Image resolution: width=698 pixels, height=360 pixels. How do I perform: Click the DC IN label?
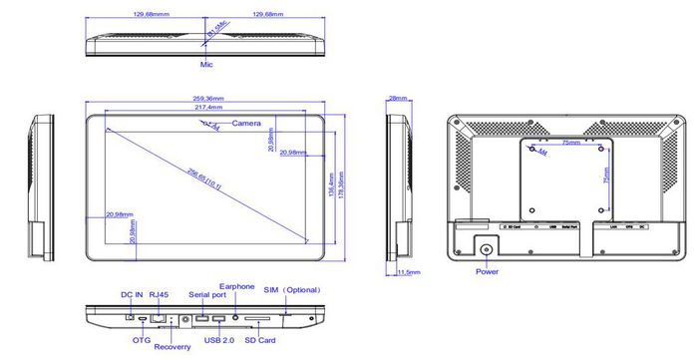click(x=133, y=295)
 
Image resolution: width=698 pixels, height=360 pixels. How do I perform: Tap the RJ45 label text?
click(x=160, y=295)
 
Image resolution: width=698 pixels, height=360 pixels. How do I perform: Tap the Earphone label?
click(x=236, y=286)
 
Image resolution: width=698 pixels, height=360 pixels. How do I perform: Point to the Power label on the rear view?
click(x=488, y=270)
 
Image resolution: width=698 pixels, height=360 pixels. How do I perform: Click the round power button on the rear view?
click(x=488, y=250)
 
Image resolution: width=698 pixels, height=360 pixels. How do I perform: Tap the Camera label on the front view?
click(x=246, y=123)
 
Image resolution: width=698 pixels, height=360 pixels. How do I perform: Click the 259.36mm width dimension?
click(x=209, y=98)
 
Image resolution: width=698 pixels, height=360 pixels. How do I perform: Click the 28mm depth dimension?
click(x=398, y=98)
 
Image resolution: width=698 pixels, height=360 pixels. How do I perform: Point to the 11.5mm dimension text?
click(x=409, y=271)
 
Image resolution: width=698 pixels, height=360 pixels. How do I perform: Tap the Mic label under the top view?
click(x=206, y=63)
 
